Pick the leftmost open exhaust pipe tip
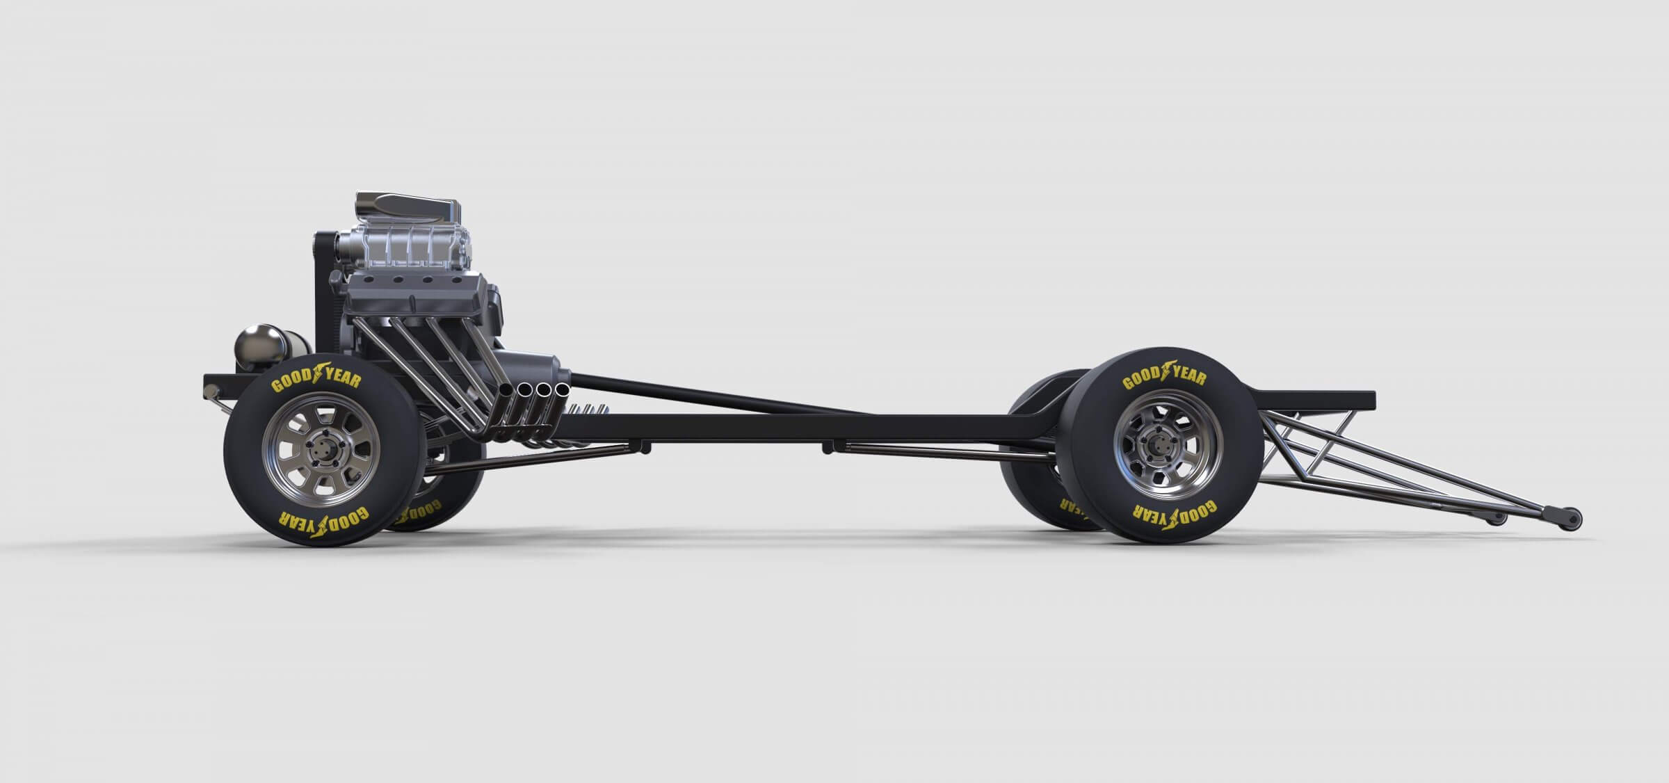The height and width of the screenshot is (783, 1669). (x=506, y=392)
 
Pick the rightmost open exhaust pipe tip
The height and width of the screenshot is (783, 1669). (x=561, y=387)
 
